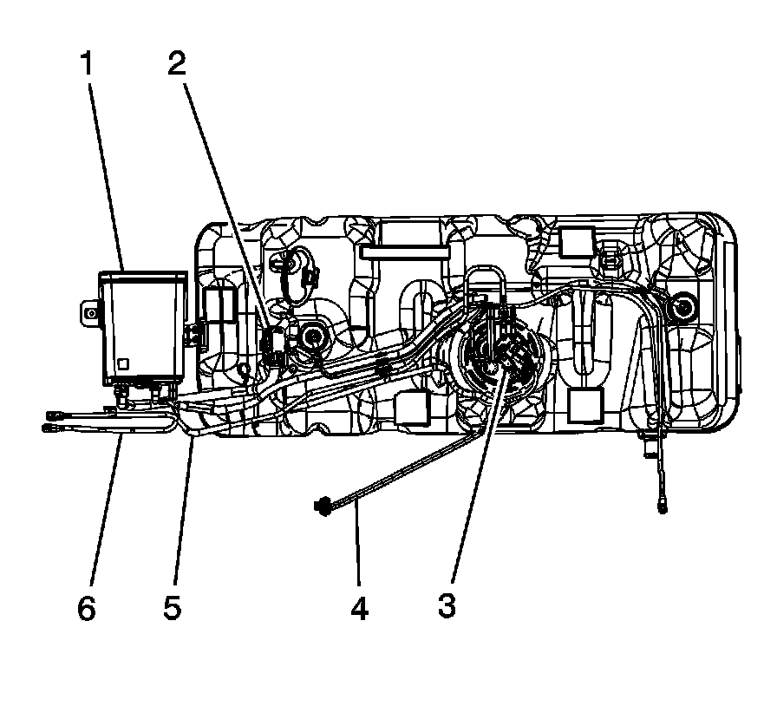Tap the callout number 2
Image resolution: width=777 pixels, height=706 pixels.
pos(177,64)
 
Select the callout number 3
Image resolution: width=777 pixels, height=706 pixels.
pos(446,605)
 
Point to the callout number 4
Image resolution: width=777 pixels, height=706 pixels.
pos(359,608)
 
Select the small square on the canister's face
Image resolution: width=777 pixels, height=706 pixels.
pos(126,364)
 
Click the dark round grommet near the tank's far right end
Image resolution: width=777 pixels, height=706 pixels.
pos(683,305)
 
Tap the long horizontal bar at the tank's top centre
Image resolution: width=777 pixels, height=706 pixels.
pos(405,252)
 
